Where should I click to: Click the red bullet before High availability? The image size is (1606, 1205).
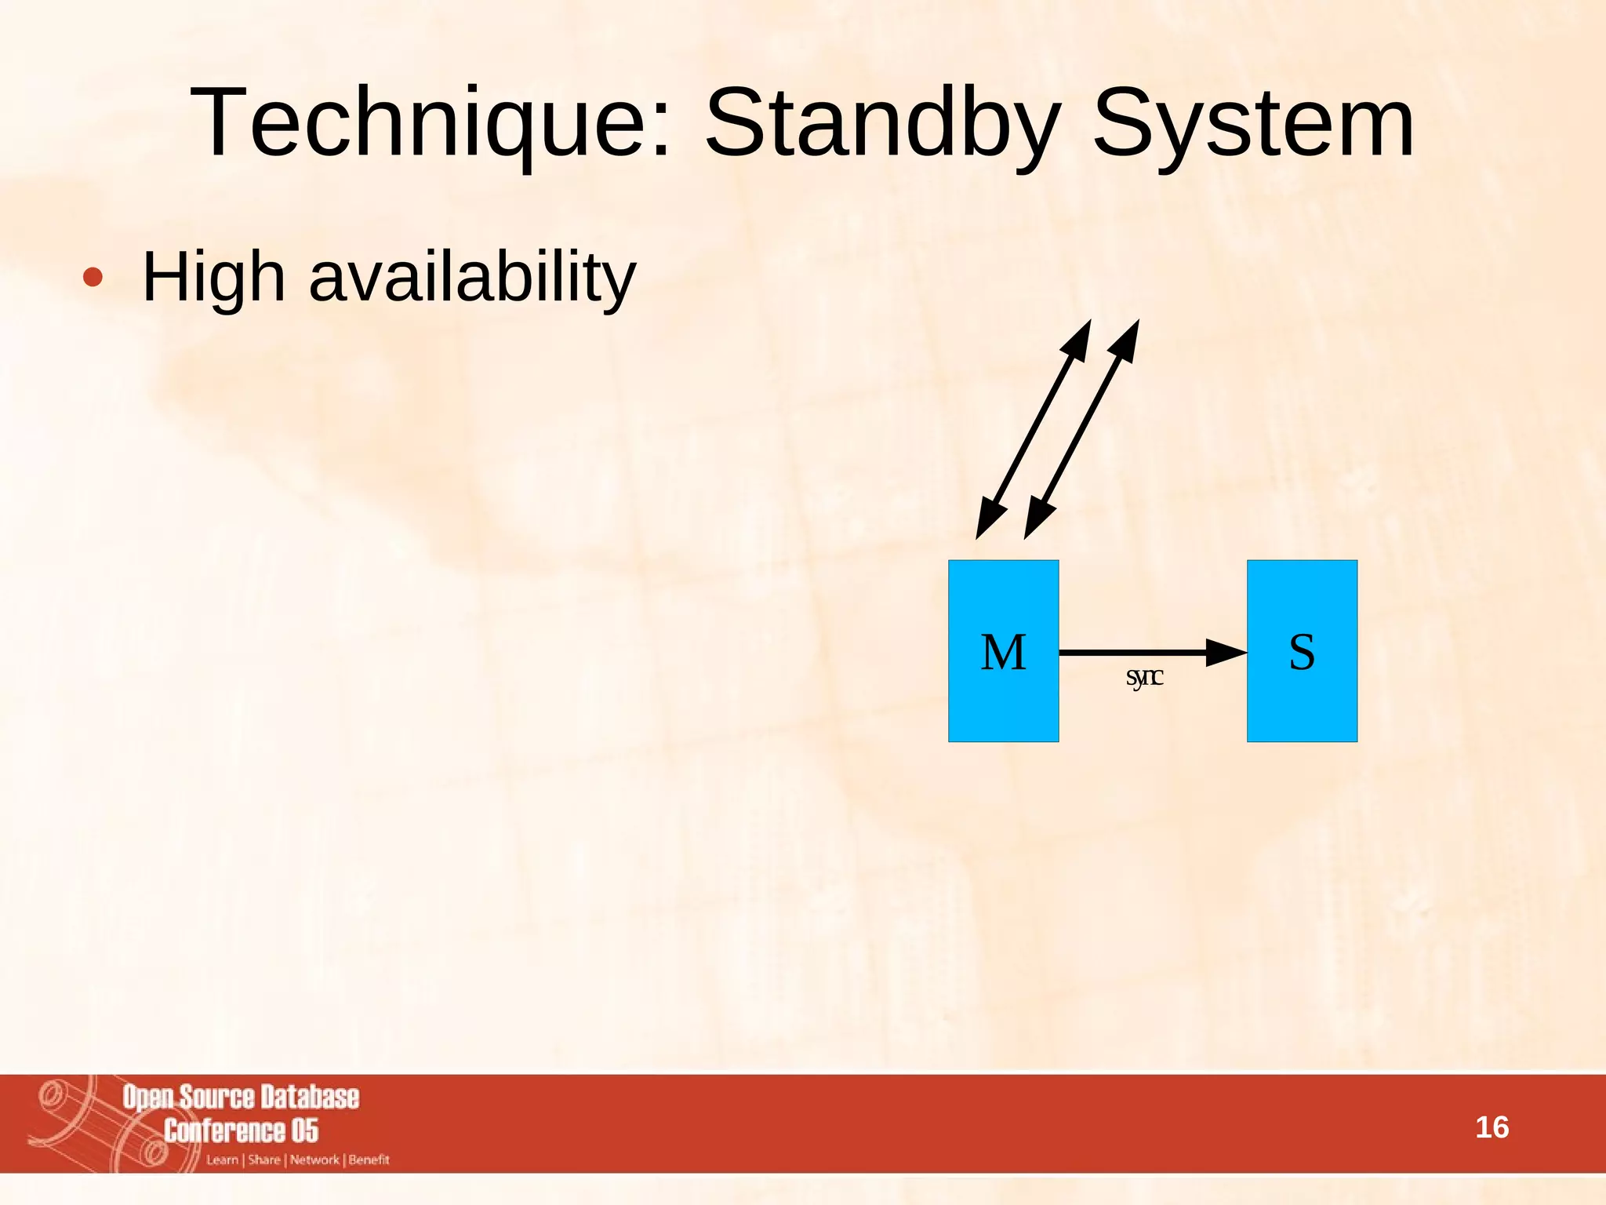(93, 277)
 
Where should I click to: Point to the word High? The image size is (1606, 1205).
(213, 277)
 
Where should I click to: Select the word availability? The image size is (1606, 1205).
(472, 277)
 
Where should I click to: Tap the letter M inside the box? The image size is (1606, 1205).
(1003, 652)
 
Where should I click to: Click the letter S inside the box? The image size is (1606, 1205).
(1302, 652)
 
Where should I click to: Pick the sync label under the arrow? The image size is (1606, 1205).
(1144, 676)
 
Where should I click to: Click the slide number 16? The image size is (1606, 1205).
(1492, 1127)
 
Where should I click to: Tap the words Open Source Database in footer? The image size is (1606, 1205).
(241, 1098)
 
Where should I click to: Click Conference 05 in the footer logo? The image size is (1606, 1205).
(241, 1130)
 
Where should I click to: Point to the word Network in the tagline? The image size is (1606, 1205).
(314, 1159)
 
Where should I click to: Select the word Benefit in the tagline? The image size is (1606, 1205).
(369, 1159)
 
